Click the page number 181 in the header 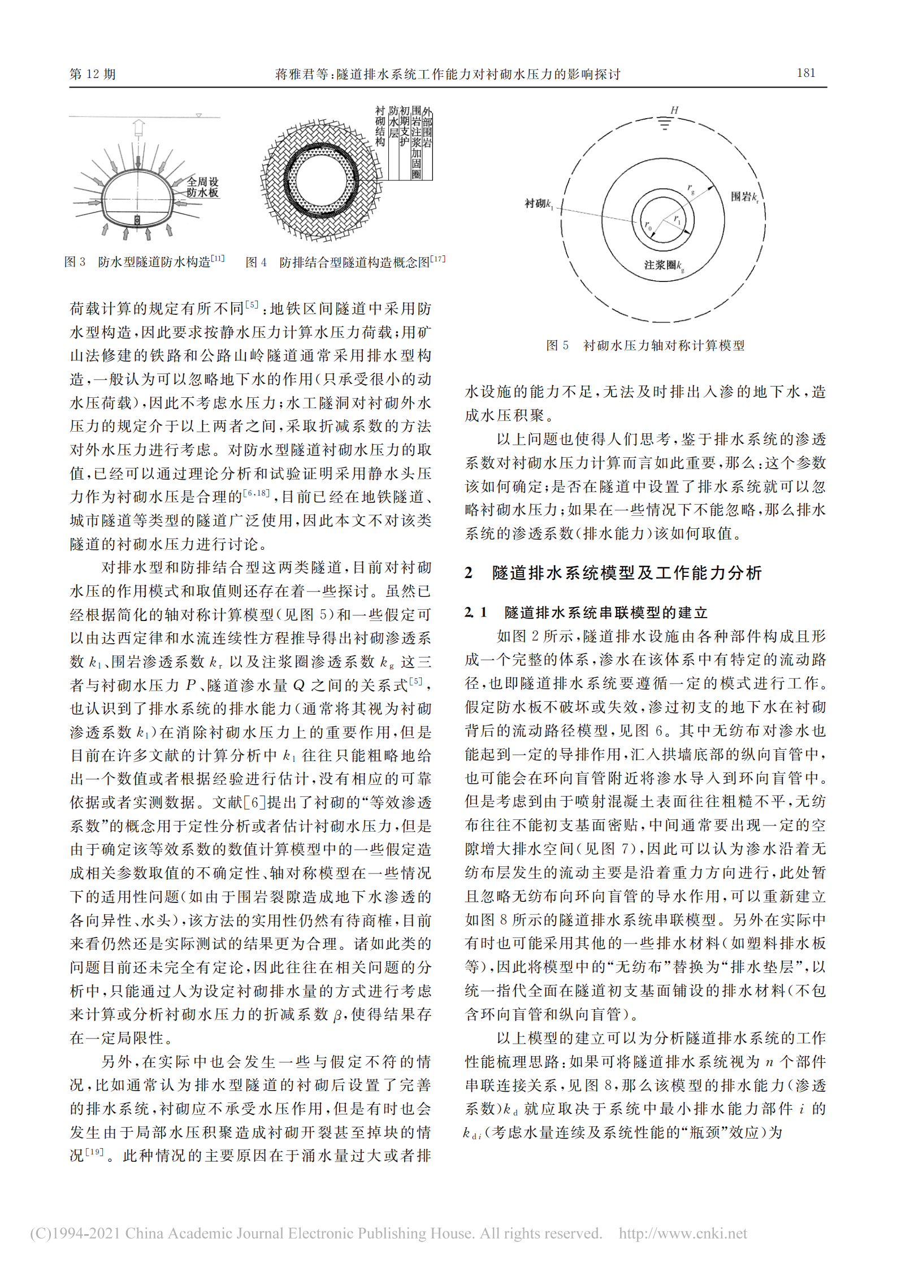pos(805,73)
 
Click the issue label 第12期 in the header pos(93,74)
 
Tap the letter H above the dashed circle pos(674,110)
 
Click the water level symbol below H pos(665,124)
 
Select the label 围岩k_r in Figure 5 pos(744,197)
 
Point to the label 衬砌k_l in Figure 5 pos(539,203)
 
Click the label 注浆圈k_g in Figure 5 pos(664,265)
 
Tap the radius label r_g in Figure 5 pos(691,189)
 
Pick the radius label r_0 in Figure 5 pos(648,225)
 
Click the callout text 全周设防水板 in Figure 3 pos(202,187)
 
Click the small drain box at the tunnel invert pos(137,220)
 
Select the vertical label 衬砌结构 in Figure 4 pos(380,127)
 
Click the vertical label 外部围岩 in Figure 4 pos(427,128)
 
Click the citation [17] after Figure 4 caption pos(437,259)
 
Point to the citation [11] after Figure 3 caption pos(218,259)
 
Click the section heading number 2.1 pos(475,612)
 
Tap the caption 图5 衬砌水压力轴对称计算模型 pos(645,345)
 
